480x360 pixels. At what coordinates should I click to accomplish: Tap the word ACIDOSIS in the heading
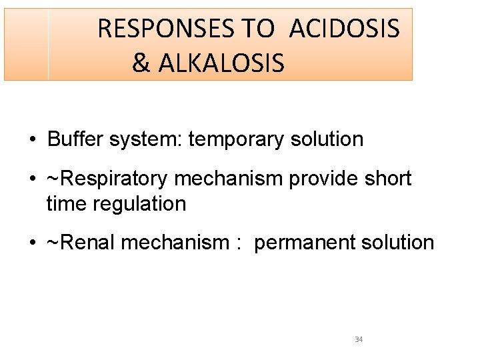click(x=345, y=29)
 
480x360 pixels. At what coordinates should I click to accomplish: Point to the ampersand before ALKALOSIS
click(x=141, y=63)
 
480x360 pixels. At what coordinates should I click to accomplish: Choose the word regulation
click(x=139, y=203)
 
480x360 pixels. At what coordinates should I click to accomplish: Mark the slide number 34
click(x=359, y=340)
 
